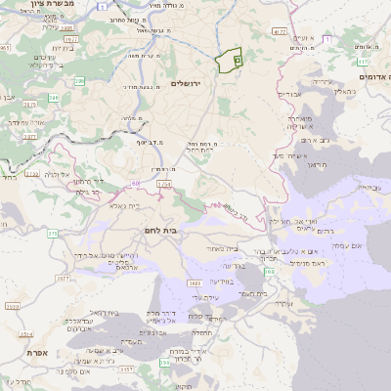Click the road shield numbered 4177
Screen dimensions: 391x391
(281, 32)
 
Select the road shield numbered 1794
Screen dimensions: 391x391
(163, 184)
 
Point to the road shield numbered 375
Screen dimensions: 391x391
(51, 233)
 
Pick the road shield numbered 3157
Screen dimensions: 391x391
(126, 369)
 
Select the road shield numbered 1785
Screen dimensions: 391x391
(32, 174)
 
